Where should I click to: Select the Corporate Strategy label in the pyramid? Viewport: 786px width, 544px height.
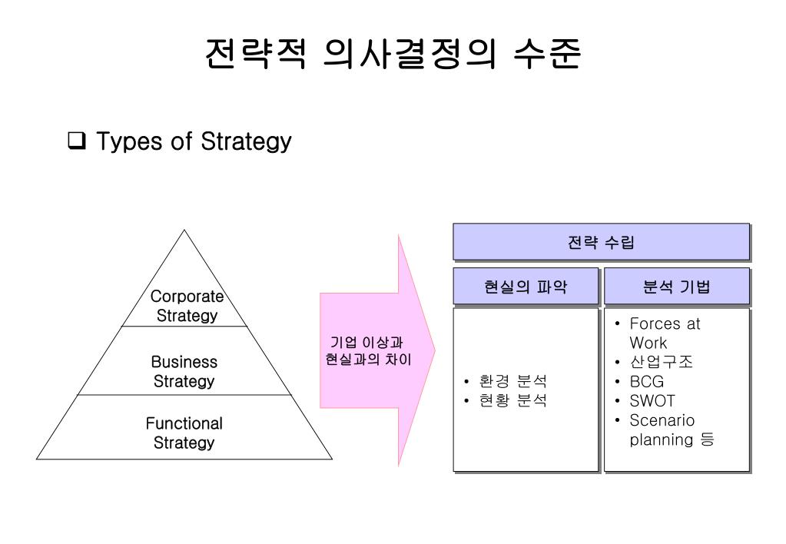(x=187, y=306)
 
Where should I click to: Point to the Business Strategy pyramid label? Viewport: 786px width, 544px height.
(x=184, y=371)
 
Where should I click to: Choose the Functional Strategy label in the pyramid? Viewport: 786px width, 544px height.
(x=184, y=433)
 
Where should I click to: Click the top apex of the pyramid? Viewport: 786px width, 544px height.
(x=184, y=231)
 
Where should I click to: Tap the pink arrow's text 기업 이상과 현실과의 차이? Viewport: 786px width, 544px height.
(x=366, y=350)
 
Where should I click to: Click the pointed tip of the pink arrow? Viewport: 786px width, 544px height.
(x=434, y=350)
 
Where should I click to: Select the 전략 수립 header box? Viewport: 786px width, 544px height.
(x=601, y=242)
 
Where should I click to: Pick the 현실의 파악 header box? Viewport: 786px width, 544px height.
(x=526, y=287)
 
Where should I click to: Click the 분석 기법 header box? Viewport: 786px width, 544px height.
(x=676, y=287)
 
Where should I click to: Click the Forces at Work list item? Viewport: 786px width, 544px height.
(x=664, y=333)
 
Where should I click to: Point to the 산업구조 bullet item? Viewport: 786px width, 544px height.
(x=661, y=362)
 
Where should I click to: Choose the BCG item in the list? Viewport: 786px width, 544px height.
(x=646, y=382)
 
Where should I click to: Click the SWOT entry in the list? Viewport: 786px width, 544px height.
(x=652, y=401)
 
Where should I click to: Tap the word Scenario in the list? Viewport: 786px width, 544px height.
(x=662, y=420)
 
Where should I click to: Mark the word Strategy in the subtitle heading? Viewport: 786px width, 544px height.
(x=246, y=142)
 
